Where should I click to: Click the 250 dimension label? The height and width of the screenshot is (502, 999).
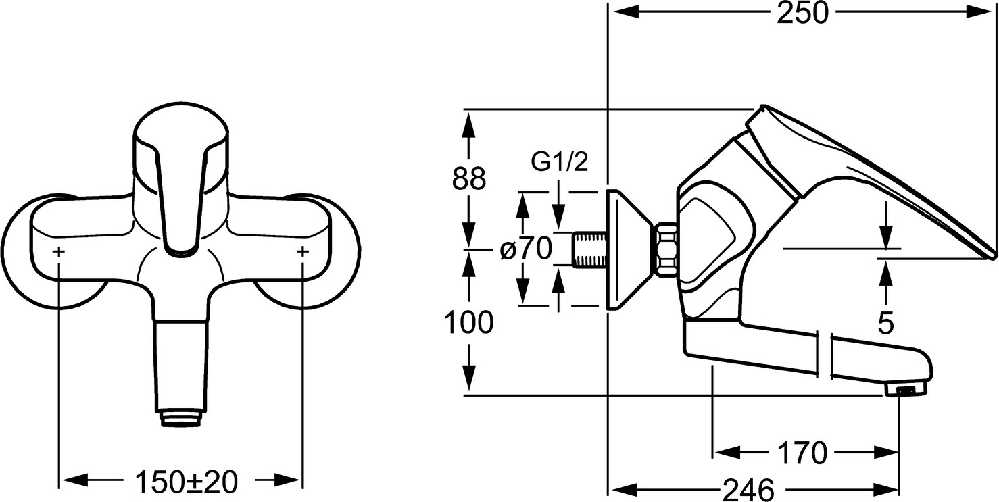(x=802, y=14)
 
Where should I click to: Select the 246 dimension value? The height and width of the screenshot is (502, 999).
(x=749, y=490)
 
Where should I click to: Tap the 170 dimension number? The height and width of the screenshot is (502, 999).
(x=802, y=453)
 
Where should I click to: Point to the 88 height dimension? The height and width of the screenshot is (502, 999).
(x=468, y=178)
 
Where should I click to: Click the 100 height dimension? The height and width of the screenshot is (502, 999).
(x=468, y=322)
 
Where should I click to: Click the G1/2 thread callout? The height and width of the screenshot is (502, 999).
(x=560, y=161)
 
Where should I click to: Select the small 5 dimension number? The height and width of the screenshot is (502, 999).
(x=885, y=323)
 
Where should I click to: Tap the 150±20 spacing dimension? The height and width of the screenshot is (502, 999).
(x=187, y=482)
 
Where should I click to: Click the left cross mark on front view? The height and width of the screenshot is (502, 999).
(x=59, y=252)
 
